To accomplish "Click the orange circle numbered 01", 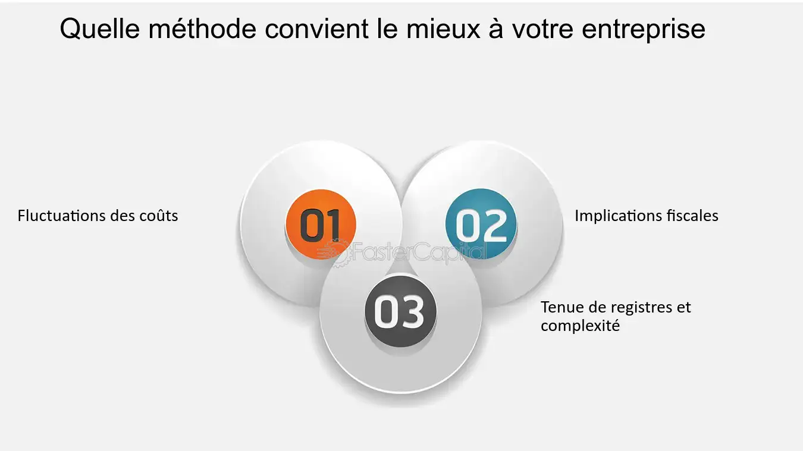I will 321,224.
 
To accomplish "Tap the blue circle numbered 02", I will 481,224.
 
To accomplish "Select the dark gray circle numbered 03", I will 400,311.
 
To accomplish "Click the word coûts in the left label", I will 158,215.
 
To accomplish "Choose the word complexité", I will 580,326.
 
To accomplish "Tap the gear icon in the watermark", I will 339,252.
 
